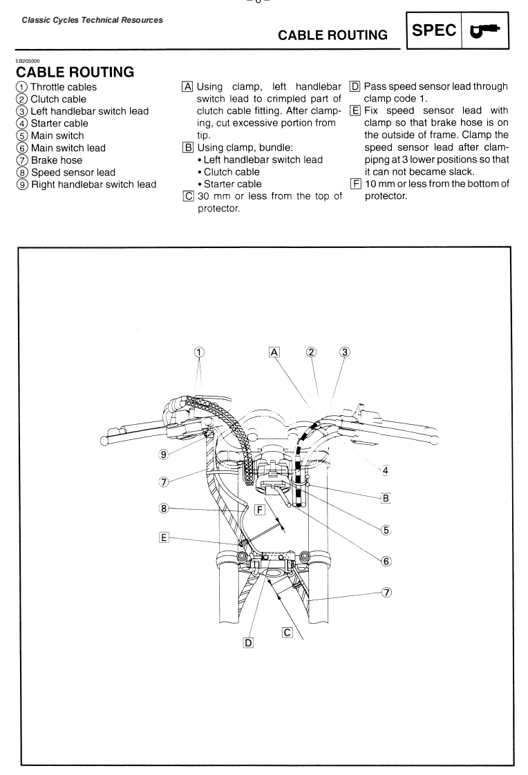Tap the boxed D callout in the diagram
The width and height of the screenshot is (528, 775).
(x=249, y=642)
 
